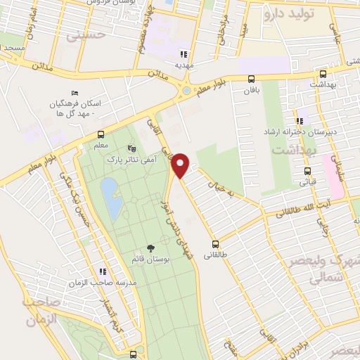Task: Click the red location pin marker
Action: [x=181, y=165]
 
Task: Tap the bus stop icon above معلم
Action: [x=101, y=134]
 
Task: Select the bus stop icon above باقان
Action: [x=252, y=79]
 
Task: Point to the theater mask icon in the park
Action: [x=131, y=149]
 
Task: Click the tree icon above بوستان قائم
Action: [x=150, y=247]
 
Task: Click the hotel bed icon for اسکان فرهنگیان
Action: [x=75, y=93]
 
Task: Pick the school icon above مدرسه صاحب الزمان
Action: [x=103, y=271]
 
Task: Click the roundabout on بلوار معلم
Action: [x=186, y=90]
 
